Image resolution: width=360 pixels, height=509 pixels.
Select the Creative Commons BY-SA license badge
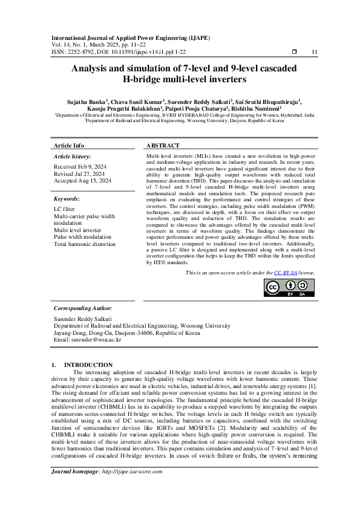click(290, 288)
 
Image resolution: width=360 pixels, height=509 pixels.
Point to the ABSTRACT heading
click(163, 146)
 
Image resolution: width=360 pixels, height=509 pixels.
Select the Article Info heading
click(69, 146)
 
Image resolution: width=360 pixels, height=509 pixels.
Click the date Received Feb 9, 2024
click(81, 166)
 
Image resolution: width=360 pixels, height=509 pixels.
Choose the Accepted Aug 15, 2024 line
click(83, 180)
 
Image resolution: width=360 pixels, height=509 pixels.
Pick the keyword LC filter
click(64, 208)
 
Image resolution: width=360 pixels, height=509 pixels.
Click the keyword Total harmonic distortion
click(85, 244)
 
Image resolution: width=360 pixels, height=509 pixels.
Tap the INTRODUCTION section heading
click(88, 365)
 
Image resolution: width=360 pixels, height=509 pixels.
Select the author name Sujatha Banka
click(87, 102)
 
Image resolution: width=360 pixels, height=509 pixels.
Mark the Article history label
click(72, 156)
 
